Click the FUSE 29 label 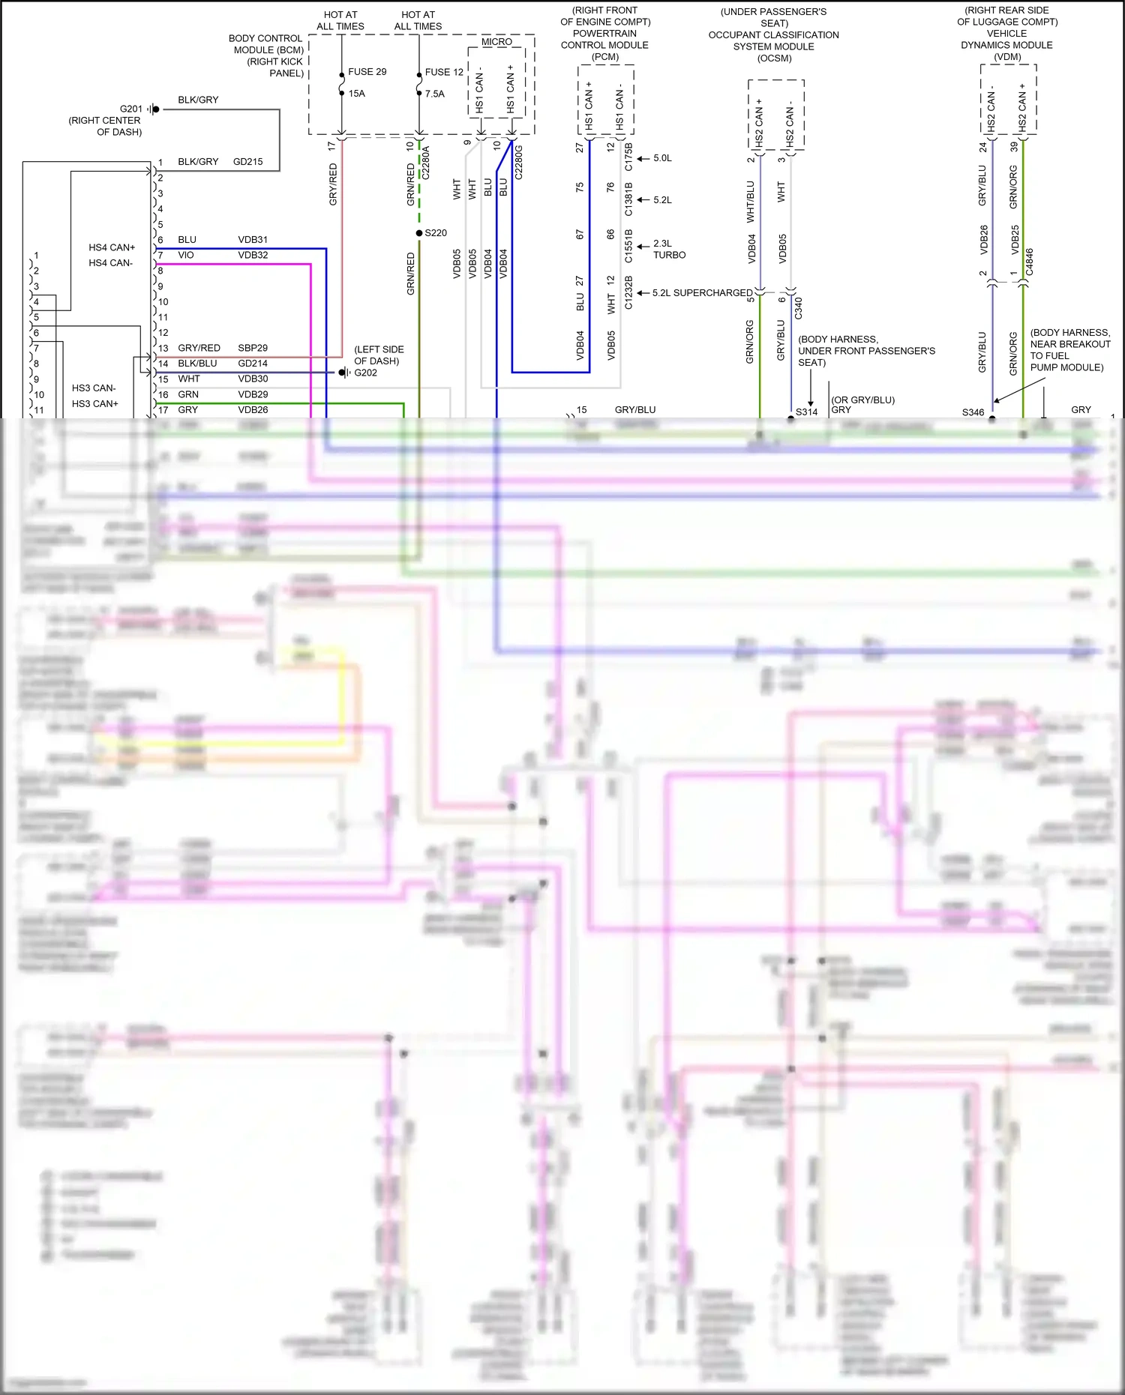367,72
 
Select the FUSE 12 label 444,73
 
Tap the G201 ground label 130,109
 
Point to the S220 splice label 436,233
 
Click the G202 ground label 365,373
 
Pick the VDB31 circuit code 253,240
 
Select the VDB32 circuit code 253,255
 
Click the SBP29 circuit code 253,348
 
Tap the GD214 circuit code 253,364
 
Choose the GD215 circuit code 247,162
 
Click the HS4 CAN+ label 112,247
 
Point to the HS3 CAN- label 94,388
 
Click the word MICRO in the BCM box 496,42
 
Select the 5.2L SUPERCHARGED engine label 702,293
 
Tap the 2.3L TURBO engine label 669,250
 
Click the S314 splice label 806,412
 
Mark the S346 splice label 973,412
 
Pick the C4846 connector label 1030,262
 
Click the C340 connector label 799,307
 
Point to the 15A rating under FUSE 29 356,94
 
